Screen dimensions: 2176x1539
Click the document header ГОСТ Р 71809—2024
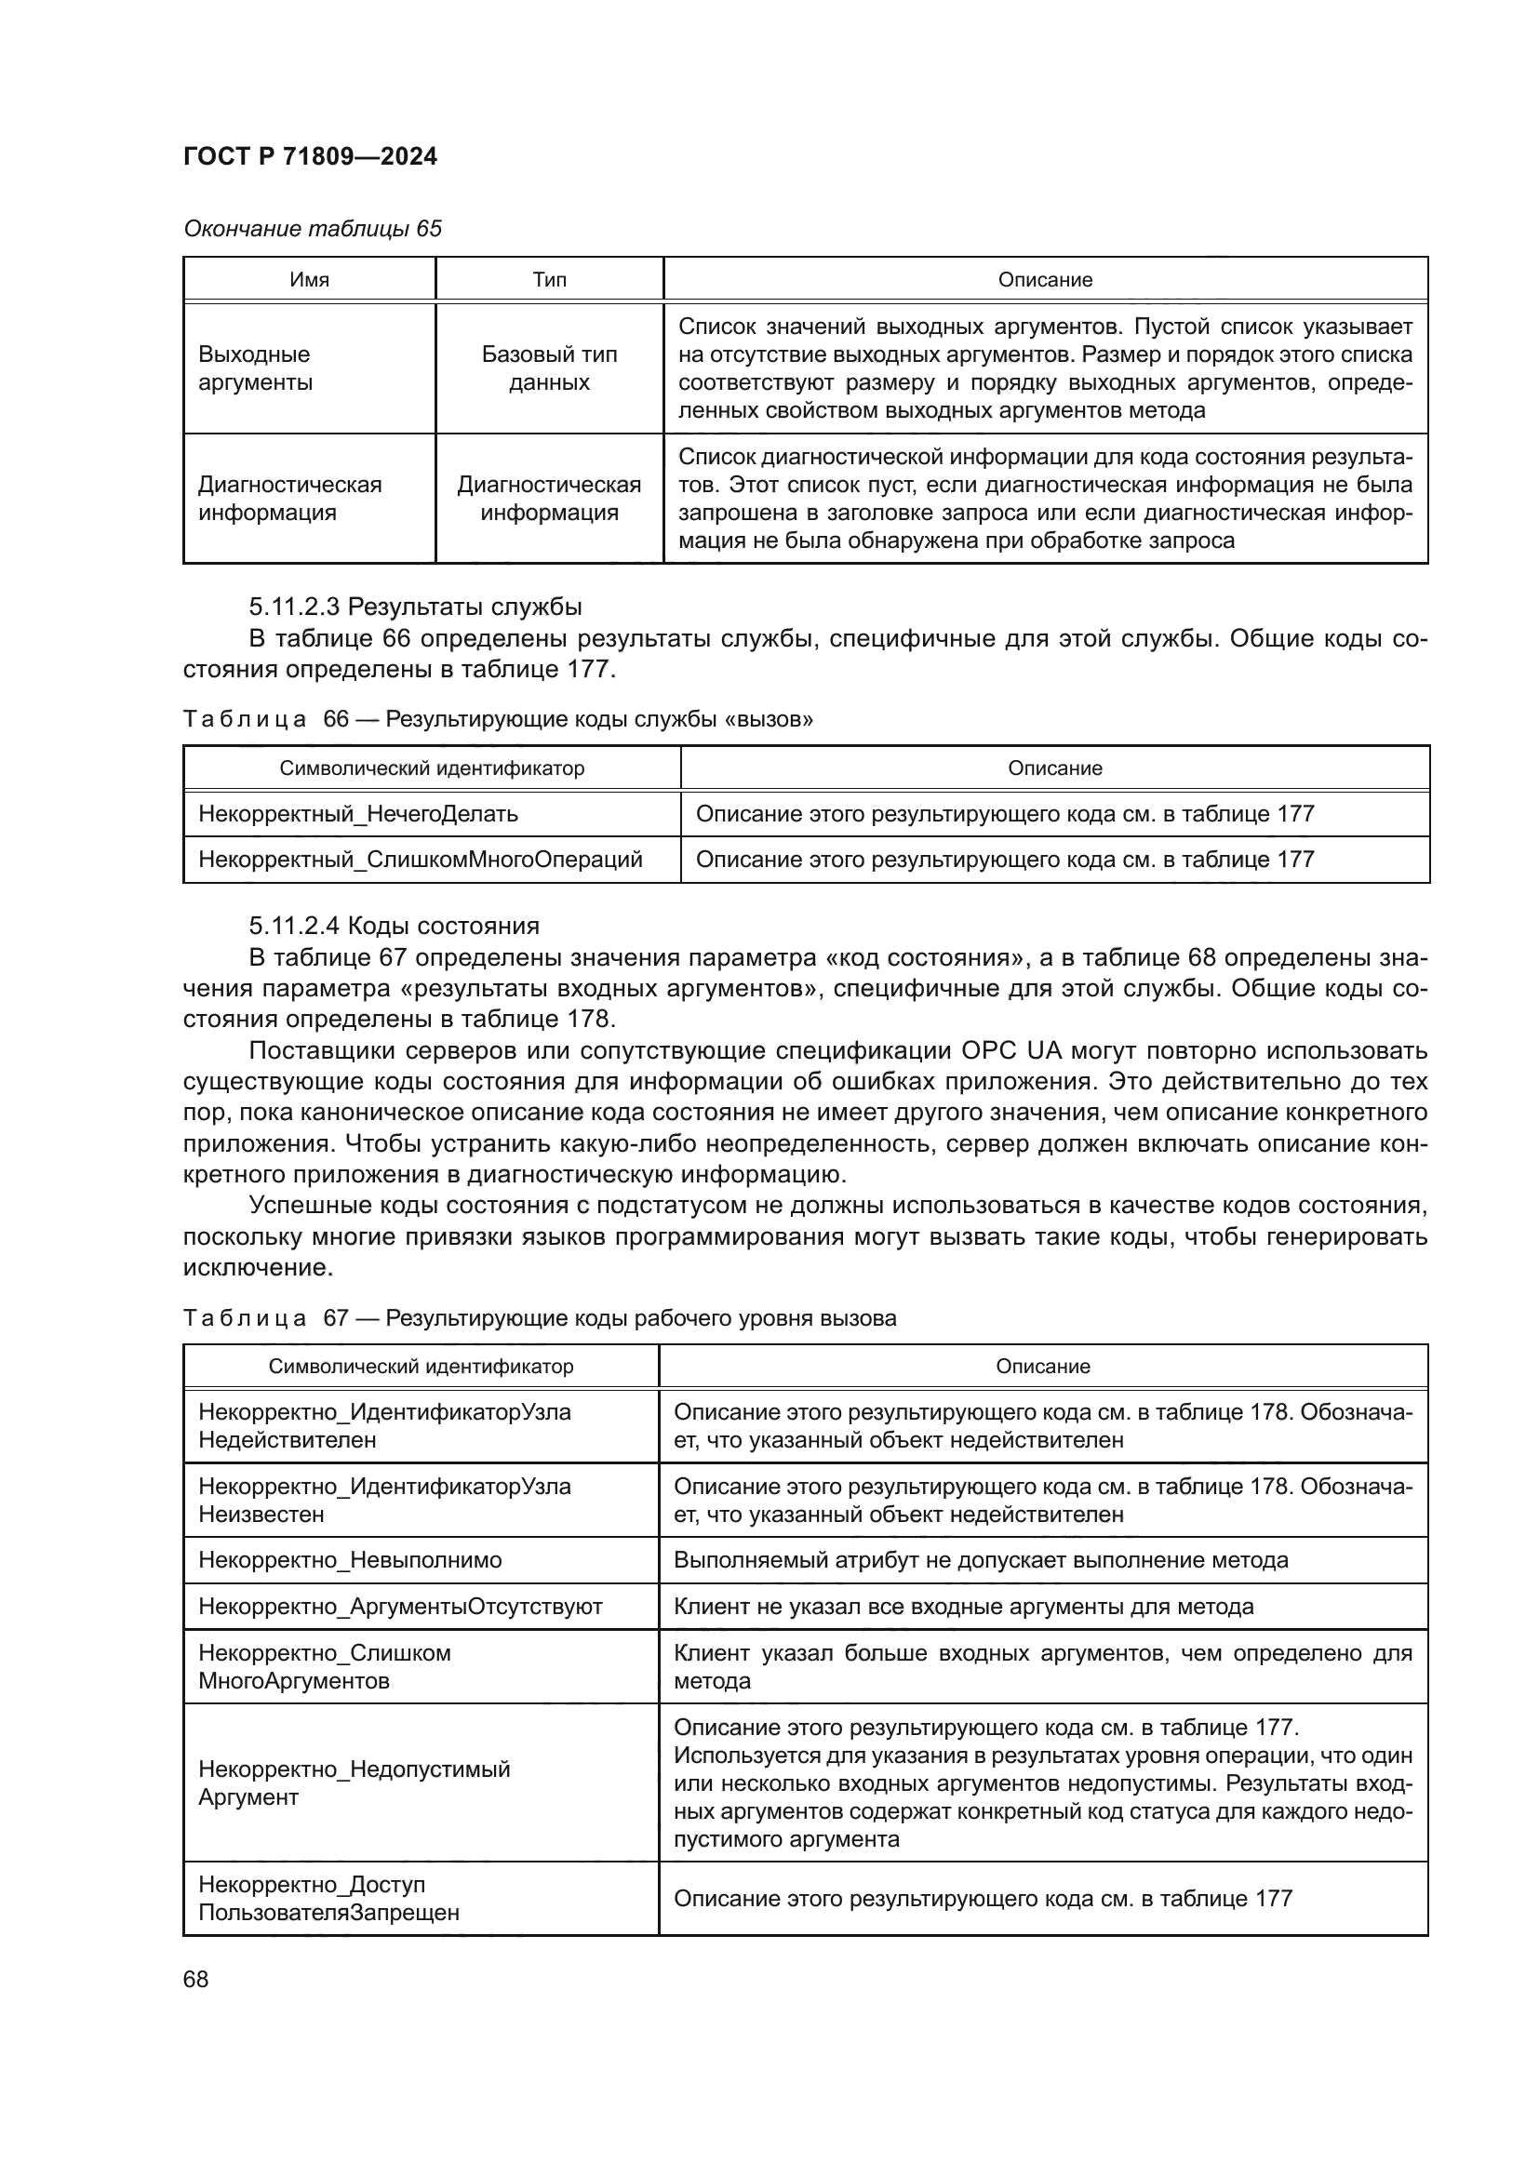(310, 156)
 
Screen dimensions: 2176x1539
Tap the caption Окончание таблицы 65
(312, 229)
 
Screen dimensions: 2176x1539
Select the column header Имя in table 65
(309, 280)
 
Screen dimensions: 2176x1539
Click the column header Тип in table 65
(549, 280)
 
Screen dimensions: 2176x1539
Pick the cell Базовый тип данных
(549, 367)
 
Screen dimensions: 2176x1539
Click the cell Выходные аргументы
(254, 367)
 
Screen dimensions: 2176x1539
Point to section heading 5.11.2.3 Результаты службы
(415, 607)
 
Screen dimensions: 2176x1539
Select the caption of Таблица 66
(498, 718)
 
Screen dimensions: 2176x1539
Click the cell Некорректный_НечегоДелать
(358, 813)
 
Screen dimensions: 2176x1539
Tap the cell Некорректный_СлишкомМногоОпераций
(420, 860)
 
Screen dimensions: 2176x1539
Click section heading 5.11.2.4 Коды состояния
(395, 926)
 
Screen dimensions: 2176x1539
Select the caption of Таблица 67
(540, 1318)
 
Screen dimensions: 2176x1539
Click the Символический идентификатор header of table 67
(421, 1367)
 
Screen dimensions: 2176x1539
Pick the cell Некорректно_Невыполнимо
(350, 1561)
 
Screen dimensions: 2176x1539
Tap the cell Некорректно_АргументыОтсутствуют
(400, 1608)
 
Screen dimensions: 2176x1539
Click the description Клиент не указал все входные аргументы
(963, 1608)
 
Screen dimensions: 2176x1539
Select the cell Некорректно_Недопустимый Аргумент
(354, 1782)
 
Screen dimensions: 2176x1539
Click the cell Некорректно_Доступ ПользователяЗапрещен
(328, 1899)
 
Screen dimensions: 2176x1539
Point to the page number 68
(196, 1980)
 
